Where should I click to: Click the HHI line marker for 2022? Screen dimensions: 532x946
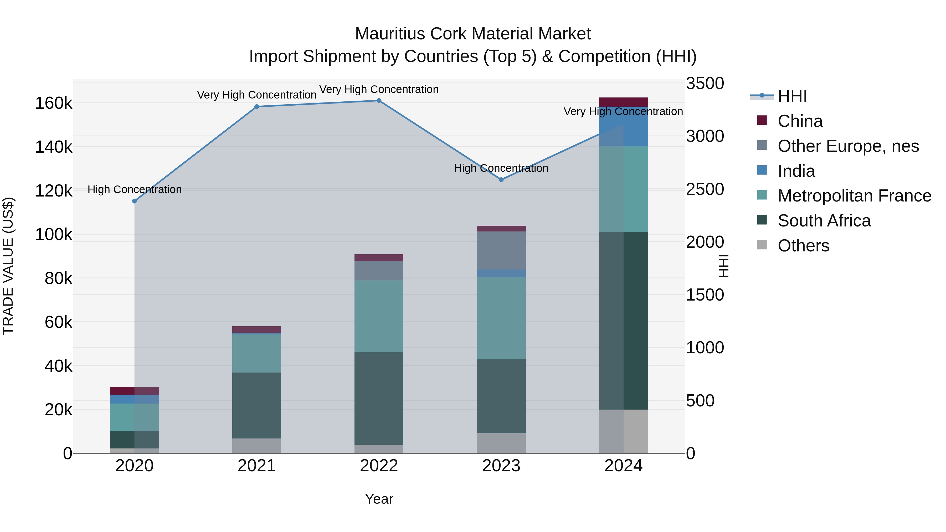point(379,101)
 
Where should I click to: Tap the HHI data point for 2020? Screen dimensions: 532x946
point(134,201)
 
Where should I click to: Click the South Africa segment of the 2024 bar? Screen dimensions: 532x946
point(623,320)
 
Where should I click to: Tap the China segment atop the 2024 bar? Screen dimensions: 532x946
point(623,102)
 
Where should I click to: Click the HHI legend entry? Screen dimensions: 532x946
point(792,96)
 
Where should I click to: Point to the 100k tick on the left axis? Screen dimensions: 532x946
point(54,235)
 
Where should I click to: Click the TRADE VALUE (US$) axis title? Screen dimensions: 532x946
point(8,266)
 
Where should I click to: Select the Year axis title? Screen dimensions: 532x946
point(379,499)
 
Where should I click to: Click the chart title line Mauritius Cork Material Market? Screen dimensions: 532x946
point(473,34)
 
